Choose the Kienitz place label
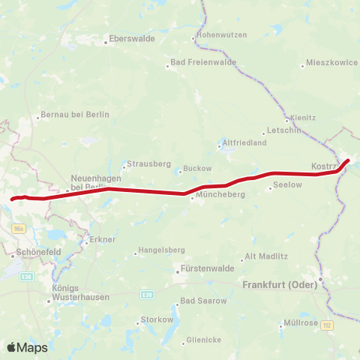tap(303, 118)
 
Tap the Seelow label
tap(287, 184)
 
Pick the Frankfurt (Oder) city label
tap(277, 285)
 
